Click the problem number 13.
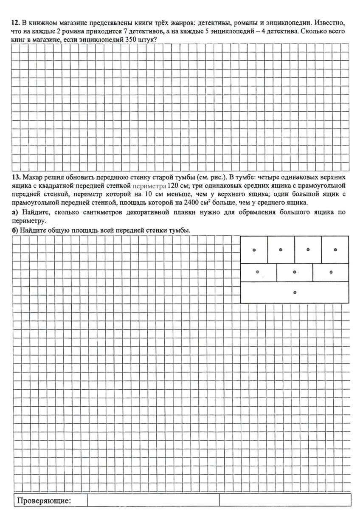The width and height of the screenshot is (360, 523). (x=15, y=177)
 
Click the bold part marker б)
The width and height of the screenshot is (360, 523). (x=15, y=230)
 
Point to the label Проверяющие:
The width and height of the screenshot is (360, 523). (x=44, y=501)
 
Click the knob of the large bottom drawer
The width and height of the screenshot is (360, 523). (x=295, y=292)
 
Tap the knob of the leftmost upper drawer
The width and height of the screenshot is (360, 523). (x=254, y=250)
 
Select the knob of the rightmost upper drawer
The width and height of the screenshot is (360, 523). (x=335, y=250)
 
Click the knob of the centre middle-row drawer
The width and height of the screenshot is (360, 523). (x=295, y=272)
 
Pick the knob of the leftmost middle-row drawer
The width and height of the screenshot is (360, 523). (x=258, y=272)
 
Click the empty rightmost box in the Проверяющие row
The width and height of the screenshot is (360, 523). (x=285, y=500)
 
